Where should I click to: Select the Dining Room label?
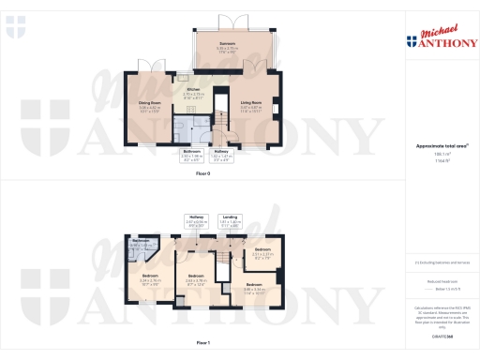click(151, 105)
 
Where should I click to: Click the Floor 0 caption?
click(202, 173)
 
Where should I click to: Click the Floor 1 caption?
click(202, 344)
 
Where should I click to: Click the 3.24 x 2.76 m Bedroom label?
click(150, 277)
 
